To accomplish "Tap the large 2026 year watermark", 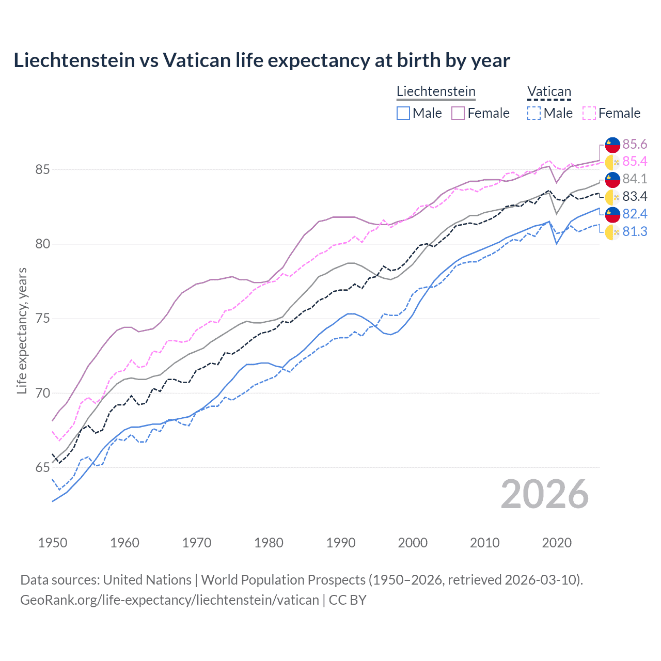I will click(x=544, y=494).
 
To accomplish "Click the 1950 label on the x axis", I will click(x=53, y=543).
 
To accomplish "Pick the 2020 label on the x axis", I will click(x=557, y=543).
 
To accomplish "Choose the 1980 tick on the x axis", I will click(x=269, y=543).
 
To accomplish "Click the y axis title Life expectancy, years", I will click(x=22, y=330).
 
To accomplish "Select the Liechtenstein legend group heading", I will click(x=436, y=91).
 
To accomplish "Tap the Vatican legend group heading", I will click(x=549, y=91).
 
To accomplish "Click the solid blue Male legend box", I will click(x=403, y=113).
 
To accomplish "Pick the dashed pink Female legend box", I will click(x=589, y=113).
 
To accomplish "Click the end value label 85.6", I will click(x=635, y=144).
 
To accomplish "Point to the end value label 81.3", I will click(x=635, y=231).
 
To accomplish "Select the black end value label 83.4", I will click(x=635, y=196).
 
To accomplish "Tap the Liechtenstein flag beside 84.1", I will click(x=612, y=179).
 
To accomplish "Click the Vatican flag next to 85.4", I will click(x=612, y=162).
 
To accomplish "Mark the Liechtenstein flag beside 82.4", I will click(x=612, y=214).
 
